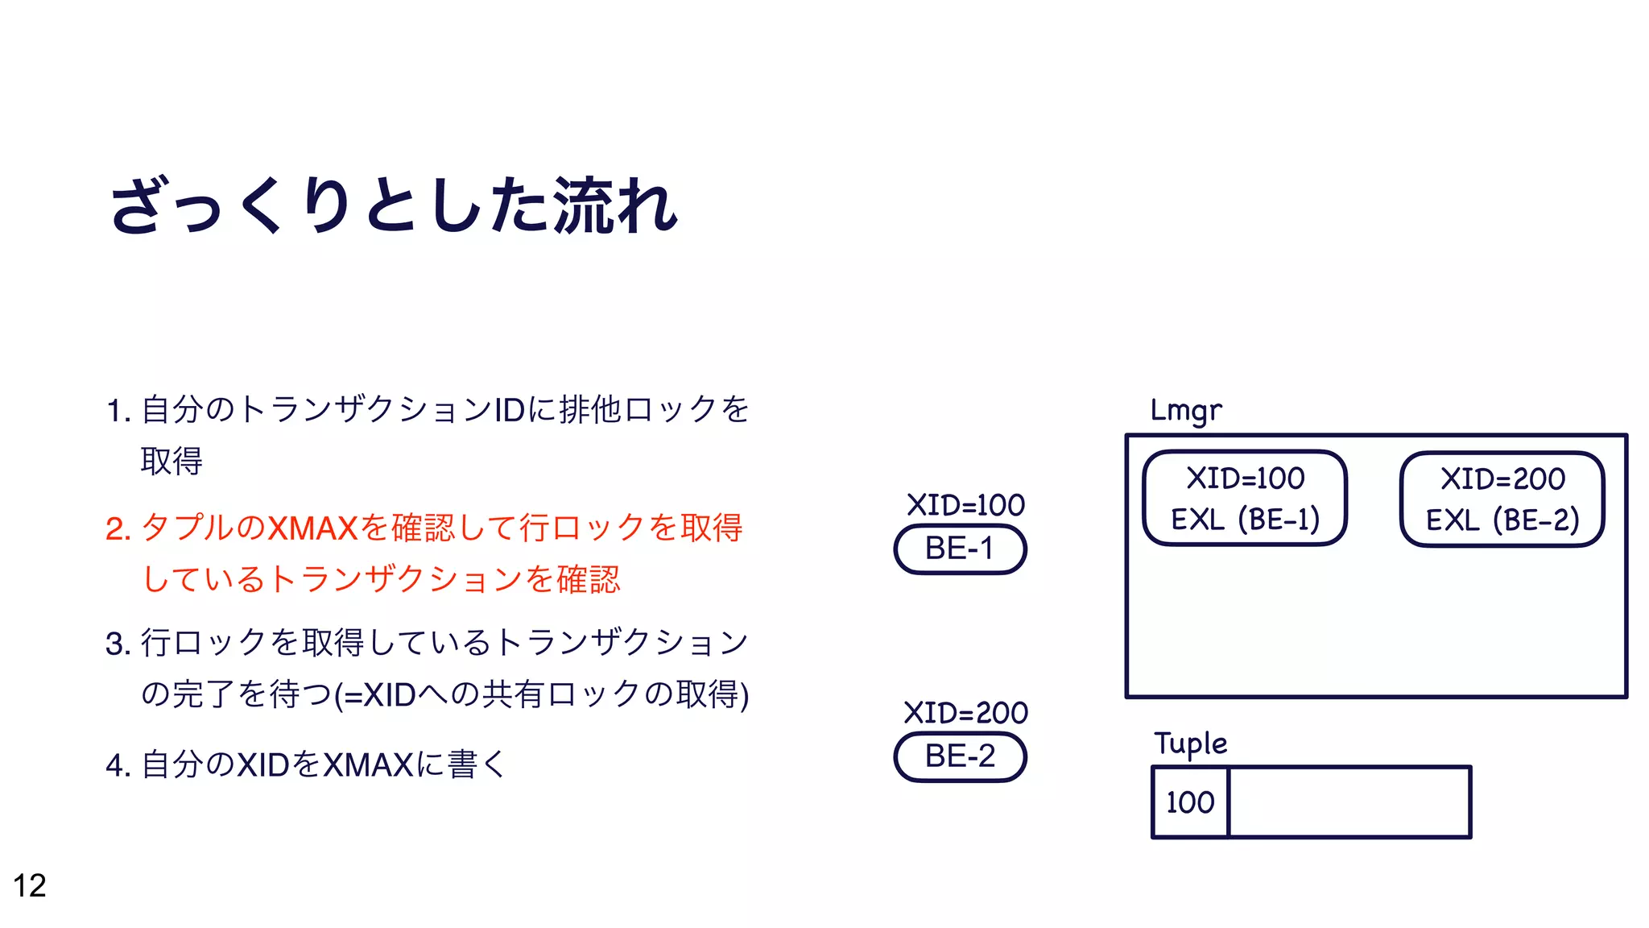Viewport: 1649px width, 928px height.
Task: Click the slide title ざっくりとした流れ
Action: (x=394, y=205)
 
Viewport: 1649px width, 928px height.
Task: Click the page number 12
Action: (x=30, y=885)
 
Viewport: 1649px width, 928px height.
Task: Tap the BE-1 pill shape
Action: (x=960, y=549)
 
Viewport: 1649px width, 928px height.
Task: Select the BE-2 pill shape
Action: (x=960, y=757)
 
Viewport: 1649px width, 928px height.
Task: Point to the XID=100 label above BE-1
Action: (x=965, y=505)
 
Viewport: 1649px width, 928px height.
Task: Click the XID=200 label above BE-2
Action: (x=965, y=713)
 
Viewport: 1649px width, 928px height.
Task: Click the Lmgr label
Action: (x=1186, y=410)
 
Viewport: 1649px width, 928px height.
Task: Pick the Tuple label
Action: (x=1190, y=743)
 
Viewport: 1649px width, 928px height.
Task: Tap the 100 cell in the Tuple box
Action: (x=1190, y=802)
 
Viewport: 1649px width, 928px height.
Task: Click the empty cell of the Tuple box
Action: (x=1349, y=802)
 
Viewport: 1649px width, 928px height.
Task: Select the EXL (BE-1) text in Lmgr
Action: (x=1245, y=520)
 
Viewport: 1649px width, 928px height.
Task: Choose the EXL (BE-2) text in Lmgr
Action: (x=1502, y=520)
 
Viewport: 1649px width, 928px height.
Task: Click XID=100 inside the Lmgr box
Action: (x=1245, y=478)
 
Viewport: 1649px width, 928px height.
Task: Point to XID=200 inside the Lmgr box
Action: (x=1502, y=479)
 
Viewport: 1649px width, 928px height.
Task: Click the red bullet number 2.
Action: (x=118, y=529)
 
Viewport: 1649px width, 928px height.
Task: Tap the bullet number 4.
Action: (x=118, y=765)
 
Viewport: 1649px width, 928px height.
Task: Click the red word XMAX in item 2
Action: (x=312, y=528)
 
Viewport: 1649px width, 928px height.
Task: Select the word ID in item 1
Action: (x=509, y=410)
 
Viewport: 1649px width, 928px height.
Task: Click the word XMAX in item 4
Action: (x=367, y=765)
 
